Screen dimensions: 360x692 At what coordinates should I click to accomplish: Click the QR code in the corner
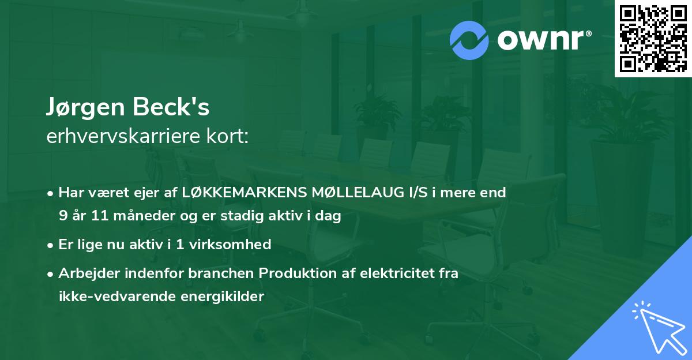[x=653, y=39]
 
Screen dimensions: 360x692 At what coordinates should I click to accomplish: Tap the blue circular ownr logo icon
[x=469, y=40]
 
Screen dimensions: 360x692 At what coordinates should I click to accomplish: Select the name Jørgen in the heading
[x=84, y=108]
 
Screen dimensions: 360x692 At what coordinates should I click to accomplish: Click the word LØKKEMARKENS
[x=232, y=193]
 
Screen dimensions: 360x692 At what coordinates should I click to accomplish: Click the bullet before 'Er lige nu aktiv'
[x=51, y=245]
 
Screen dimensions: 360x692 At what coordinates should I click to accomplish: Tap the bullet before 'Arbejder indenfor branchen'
[x=51, y=273]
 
